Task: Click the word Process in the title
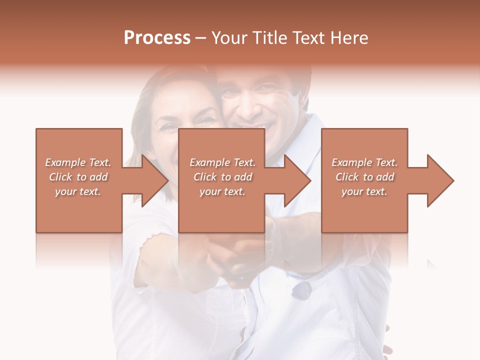157,38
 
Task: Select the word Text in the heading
308,38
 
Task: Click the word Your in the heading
230,38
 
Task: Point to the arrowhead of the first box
155,180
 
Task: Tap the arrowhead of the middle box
298,180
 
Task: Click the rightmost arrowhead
440,180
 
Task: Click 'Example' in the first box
65,162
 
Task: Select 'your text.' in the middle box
222,191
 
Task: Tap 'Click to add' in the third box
365,177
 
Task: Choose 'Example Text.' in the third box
364,162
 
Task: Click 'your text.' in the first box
77,191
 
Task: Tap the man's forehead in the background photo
260,75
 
